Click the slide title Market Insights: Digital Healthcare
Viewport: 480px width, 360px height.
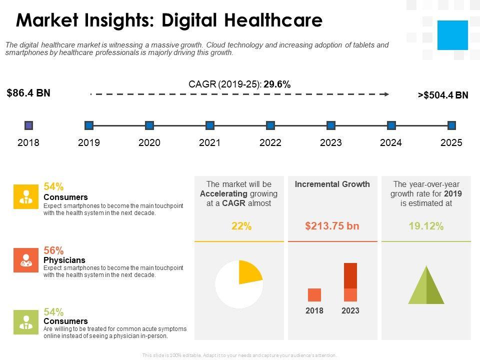(x=169, y=20)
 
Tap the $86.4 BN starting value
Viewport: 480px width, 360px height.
(x=28, y=93)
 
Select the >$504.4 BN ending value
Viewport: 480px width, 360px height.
(x=443, y=95)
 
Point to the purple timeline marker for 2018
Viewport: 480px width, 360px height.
(x=28, y=125)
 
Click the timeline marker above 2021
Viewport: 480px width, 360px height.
(x=210, y=125)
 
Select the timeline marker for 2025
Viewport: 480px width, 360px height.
(x=451, y=125)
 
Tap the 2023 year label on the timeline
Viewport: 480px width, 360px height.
(x=330, y=143)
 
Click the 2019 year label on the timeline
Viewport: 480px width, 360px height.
(x=89, y=143)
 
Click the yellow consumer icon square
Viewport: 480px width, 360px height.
(x=25, y=196)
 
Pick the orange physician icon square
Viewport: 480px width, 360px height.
(x=25, y=260)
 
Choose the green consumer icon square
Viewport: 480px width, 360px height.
(x=25, y=322)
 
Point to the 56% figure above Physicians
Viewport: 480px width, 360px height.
(x=53, y=250)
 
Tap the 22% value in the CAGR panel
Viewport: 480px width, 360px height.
(x=241, y=226)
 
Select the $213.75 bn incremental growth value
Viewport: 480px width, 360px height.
(x=332, y=226)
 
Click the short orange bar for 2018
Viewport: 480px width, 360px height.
(x=314, y=295)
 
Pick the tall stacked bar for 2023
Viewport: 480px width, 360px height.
(x=350, y=282)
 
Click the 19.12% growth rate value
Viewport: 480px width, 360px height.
(x=426, y=226)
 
